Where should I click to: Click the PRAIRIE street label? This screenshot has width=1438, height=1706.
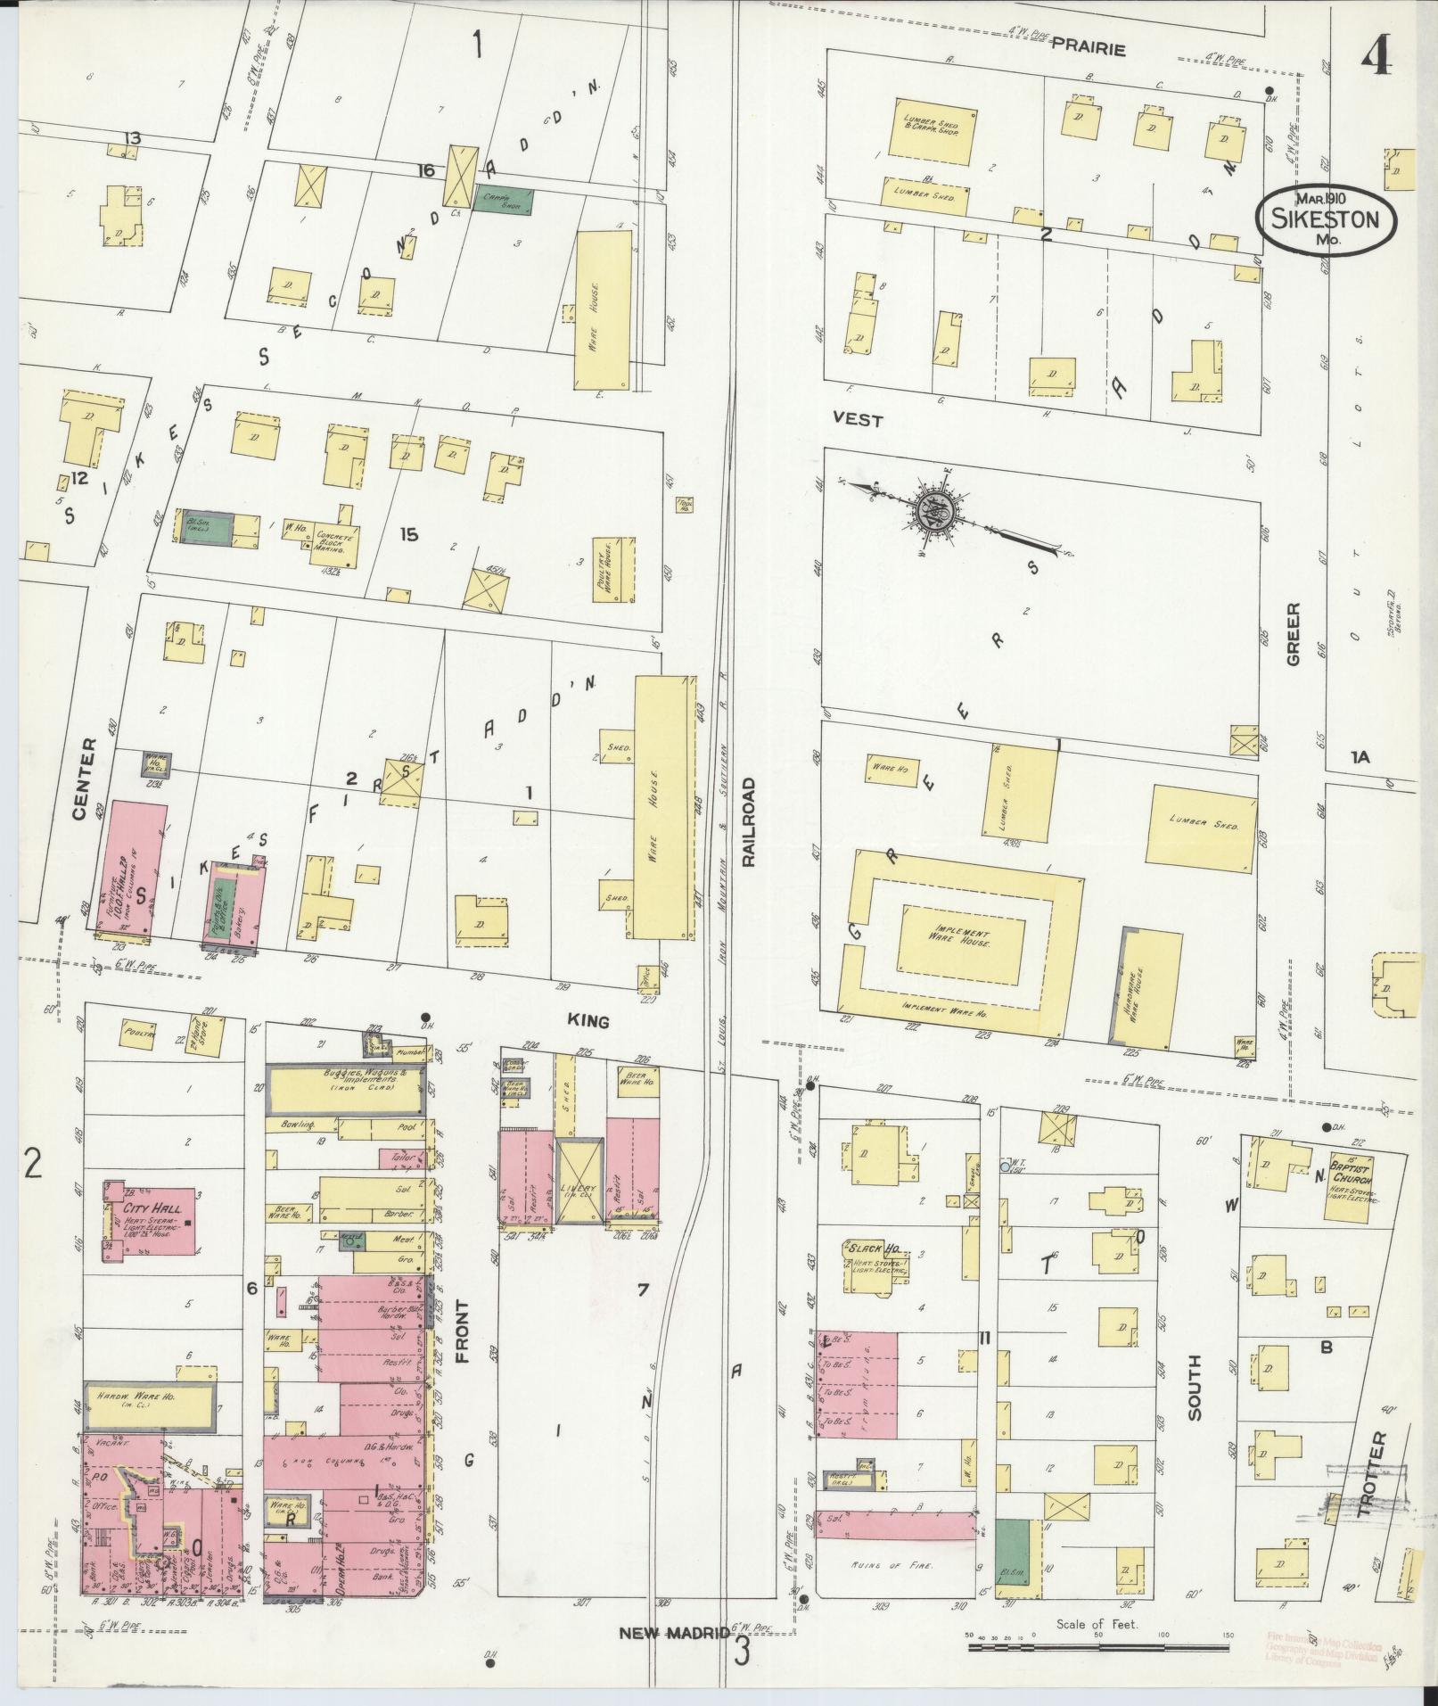[x=1087, y=50]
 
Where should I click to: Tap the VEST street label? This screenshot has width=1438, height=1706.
[x=858, y=420]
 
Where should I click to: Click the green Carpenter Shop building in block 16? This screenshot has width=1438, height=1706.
[x=501, y=201]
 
